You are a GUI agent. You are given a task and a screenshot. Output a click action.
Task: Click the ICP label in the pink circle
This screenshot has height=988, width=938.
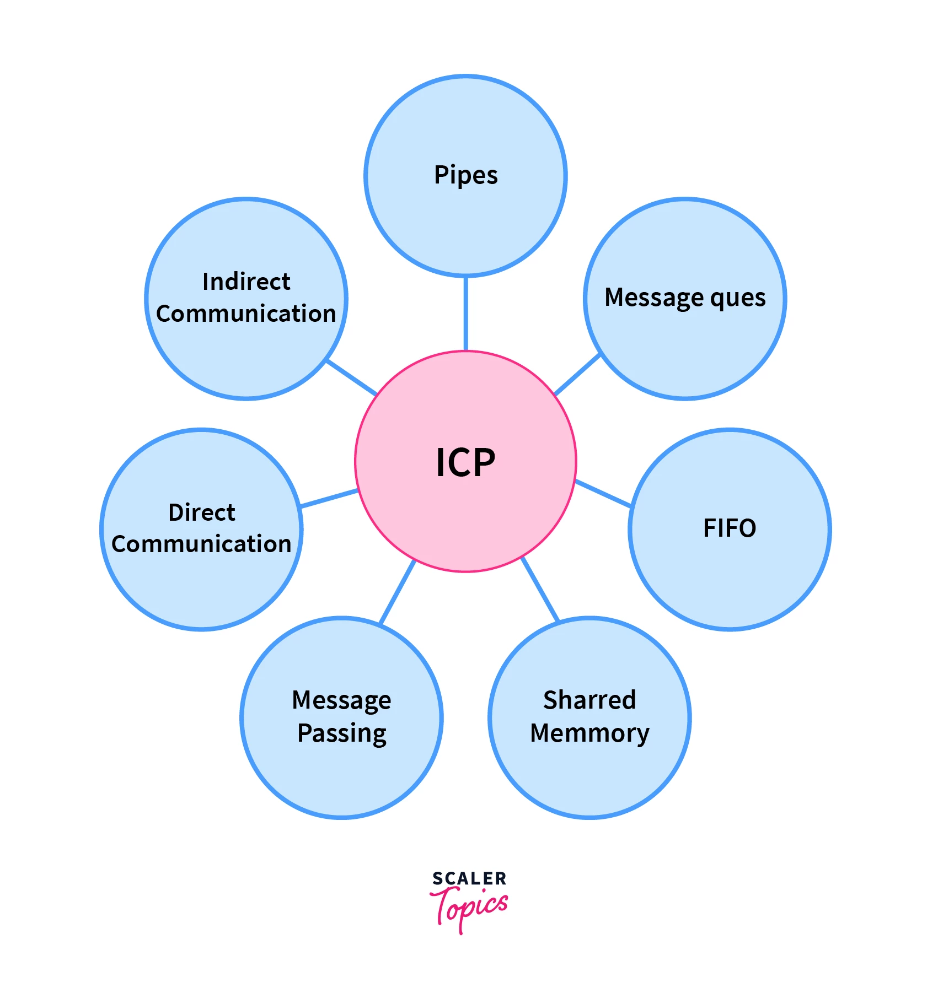(465, 462)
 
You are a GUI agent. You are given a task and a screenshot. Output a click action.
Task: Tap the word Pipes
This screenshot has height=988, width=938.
(466, 176)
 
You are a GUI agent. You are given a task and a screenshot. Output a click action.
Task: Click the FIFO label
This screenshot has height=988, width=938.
(730, 528)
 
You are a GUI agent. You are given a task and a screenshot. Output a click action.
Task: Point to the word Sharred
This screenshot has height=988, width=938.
(589, 700)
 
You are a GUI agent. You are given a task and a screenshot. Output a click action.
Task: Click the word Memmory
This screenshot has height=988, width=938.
(589, 733)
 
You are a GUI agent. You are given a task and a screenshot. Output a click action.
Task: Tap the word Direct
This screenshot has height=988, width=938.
(202, 512)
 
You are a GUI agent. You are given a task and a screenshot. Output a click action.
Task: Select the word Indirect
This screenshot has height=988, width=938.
(246, 282)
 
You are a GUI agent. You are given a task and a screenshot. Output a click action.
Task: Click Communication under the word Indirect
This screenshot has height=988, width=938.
(246, 314)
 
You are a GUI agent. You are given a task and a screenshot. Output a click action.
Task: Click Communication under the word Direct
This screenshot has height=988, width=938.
(201, 544)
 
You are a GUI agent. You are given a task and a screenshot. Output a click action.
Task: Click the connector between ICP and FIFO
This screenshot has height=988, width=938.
(603, 493)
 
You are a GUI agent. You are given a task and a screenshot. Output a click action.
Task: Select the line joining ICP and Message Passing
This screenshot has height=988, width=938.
(398, 592)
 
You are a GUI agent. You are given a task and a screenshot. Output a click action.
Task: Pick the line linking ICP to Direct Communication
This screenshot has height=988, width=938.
(329, 498)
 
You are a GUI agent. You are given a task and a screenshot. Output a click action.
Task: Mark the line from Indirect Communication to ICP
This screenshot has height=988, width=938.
(352, 378)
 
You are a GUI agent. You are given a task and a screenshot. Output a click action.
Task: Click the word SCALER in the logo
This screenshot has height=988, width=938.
(469, 878)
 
